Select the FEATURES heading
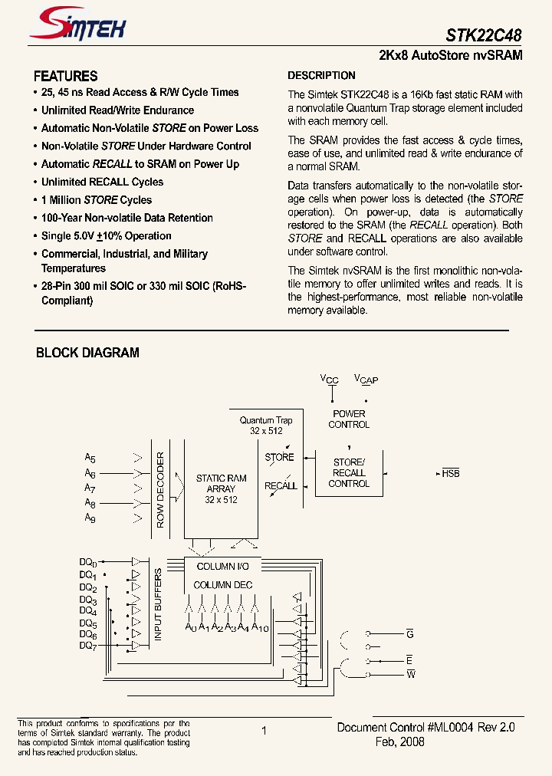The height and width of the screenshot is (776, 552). pyautogui.click(x=66, y=76)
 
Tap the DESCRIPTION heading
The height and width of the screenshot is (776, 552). pyautogui.click(x=321, y=75)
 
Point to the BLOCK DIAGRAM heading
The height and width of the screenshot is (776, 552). pyautogui.click(x=88, y=353)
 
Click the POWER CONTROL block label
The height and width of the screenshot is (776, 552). pyautogui.click(x=349, y=419)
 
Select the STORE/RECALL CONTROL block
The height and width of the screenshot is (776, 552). pyautogui.click(x=349, y=473)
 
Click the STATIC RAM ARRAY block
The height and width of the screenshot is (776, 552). pyautogui.click(x=222, y=488)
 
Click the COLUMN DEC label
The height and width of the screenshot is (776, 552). pyautogui.click(x=222, y=585)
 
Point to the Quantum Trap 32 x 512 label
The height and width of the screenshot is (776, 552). pyautogui.click(x=266, y=426)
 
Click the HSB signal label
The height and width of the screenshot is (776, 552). pyautogui.click(x=451, y=474)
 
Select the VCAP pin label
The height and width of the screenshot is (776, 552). pyautogui.click(x=366, y=380)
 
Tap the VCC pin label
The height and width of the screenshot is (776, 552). pyautogui.click(x=330, y=380)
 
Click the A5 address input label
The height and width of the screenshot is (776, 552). pyautogui.click(x=90, y=458)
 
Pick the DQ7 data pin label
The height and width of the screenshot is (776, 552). pyautogui.click(x=88, y=646)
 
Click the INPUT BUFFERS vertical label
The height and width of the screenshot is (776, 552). pyautogui.click(x=158, y=605)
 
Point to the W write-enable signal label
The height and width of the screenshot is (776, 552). pyautogui.click(x=410, y=674)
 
